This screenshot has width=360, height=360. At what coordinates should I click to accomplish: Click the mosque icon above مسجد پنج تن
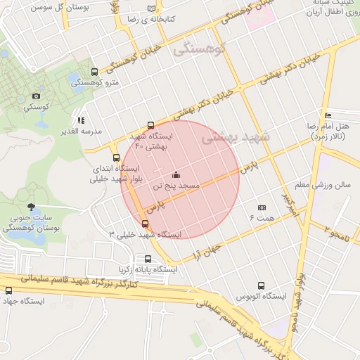[x=176, y=175]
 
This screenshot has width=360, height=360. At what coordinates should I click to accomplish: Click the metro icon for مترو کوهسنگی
[x=95, y=72]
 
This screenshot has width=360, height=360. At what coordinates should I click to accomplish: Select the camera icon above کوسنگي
[x=36, y=96]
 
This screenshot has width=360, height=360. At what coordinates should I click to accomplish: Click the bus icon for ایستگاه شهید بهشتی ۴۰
[x=150, y=124]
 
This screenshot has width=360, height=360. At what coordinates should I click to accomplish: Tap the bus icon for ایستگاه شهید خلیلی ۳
[x=146, y=224]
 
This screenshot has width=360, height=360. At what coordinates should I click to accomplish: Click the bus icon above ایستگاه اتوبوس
[x=262, y=286]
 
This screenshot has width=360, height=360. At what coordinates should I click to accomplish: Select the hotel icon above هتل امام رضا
[x=328, y=115]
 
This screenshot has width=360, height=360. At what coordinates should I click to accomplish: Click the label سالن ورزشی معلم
[x=322, y=185]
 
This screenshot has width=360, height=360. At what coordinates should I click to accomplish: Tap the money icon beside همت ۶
[x=262, y=207]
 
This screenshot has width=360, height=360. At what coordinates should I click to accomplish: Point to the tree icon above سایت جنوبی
[x=30, y=207]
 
